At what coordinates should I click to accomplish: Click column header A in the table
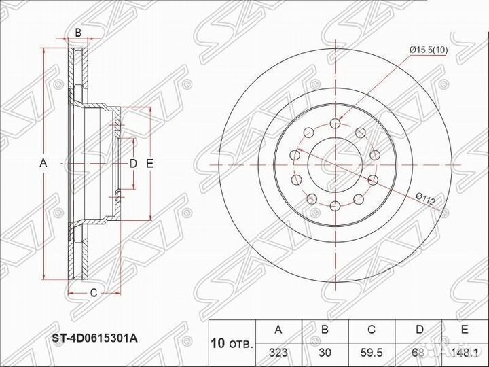[x=278, y=330]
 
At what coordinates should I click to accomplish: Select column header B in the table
[x=325, y=330]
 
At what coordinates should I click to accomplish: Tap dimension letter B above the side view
[x=78, y=32]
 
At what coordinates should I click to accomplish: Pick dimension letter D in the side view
[x=134, y=163]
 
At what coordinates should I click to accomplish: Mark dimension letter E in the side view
[x=150, y=163]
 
